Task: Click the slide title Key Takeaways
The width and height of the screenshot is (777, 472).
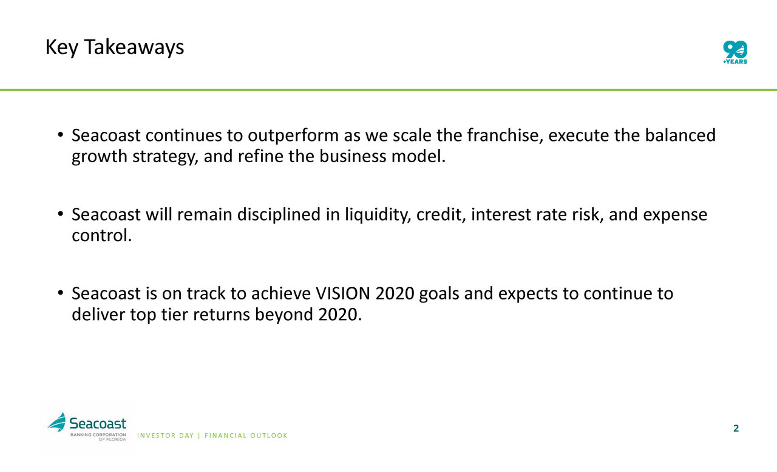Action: click(115, 47)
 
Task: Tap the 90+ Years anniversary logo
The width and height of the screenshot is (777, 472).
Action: click(735, 52)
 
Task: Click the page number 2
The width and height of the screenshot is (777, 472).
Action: click(736, 428)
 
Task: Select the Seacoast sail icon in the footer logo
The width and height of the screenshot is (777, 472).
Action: click(57, 422)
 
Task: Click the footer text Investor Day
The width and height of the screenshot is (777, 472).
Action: click(166, 436)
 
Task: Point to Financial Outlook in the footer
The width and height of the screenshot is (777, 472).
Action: click(246, 436)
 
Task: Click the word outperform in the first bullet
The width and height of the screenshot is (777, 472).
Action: click(293, 135)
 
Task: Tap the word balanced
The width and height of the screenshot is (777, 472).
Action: click(680, 135)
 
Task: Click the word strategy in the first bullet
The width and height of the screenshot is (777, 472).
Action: click(166, 157)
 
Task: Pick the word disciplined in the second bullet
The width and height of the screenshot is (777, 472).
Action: click(279, 215)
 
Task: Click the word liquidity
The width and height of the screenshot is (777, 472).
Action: click(378, 215)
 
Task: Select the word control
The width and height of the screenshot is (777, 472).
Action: click(101, 235)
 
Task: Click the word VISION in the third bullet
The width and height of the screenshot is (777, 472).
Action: click(343, 293)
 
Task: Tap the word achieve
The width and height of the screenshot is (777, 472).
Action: click(281, 293)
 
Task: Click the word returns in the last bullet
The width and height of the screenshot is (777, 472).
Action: click(222, 315)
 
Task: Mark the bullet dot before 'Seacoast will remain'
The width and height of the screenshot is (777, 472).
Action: click(60, 214)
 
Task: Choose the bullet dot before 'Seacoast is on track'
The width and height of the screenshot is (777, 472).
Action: click(60, 293)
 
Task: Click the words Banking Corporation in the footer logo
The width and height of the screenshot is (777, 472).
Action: click(98, 434)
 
